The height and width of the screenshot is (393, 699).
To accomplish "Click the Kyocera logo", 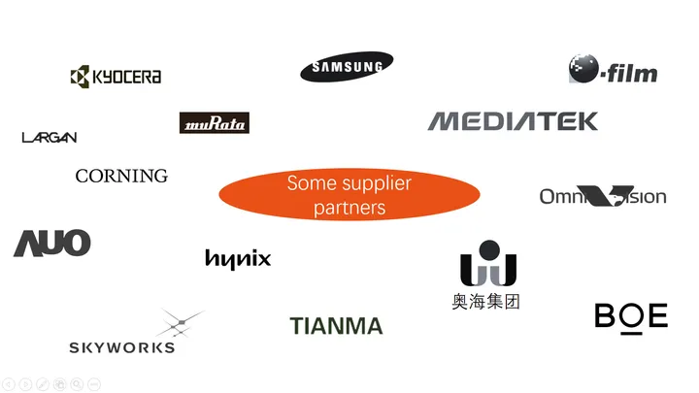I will coord(116,77).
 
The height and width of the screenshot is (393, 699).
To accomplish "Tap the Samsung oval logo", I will coord(347,67).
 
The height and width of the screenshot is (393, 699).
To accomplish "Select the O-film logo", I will coord(613,70).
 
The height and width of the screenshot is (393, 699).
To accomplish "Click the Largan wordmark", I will coord(50,138).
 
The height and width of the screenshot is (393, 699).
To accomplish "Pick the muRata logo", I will coord(215,123).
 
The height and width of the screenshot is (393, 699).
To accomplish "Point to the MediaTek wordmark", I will coord(513,121).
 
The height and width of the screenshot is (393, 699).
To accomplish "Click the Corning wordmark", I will coord(121,176).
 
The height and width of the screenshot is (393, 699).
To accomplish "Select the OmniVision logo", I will coord(603,197).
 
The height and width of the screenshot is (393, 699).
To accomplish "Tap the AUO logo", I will coord(52,244).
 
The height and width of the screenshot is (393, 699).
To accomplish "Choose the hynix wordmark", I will coord(238,259).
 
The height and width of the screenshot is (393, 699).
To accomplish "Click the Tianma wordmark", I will coord(336,326).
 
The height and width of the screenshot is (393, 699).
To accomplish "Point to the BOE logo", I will coord(631,316).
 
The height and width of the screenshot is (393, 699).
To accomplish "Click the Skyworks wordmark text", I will coord(122,347).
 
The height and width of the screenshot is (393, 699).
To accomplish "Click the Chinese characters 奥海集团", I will coord(486,301).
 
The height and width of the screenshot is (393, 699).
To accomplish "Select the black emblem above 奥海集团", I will coord(487,262).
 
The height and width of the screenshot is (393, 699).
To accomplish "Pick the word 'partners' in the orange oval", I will coord(349,208).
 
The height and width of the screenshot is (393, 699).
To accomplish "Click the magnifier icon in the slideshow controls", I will coord(77,384).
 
